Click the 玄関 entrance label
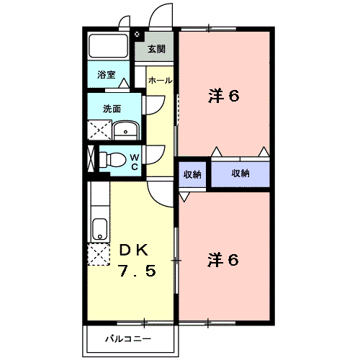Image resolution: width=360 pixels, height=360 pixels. (156, 49)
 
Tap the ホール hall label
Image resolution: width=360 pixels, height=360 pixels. (159, 81)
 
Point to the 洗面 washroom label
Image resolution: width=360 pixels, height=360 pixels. (112, 109)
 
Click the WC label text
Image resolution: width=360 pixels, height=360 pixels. (134, 161)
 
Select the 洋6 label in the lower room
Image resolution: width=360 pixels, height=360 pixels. (223, 259)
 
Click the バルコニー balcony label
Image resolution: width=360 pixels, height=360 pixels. (127, 338)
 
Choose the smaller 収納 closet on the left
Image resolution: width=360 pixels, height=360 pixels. (192, 174)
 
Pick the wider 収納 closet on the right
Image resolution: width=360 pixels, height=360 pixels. (240, 174)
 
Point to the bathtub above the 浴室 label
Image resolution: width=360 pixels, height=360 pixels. (108, 48)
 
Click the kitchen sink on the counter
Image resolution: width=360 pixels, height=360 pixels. (99, 229)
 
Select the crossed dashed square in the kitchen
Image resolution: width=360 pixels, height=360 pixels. (97, 255)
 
